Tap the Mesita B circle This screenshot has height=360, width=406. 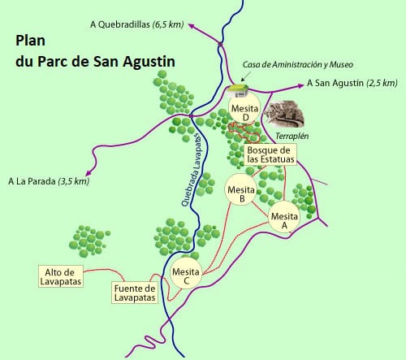[241, 190]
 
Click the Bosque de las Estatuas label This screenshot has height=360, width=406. [270, 154]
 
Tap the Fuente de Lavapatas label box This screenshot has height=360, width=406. [134, 293]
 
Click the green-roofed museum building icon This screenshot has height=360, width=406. [236, 89]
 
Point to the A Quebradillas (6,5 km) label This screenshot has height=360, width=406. [136, 25]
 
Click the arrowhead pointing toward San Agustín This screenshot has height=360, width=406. [300, 83]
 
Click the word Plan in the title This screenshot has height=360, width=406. [32, 41]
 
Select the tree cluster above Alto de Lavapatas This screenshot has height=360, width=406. [88, 237]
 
